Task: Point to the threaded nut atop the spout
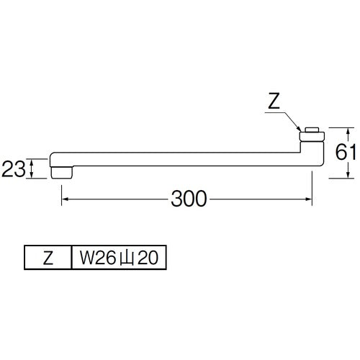[x=310, y=132]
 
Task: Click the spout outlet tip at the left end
[x=61, y=171]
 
